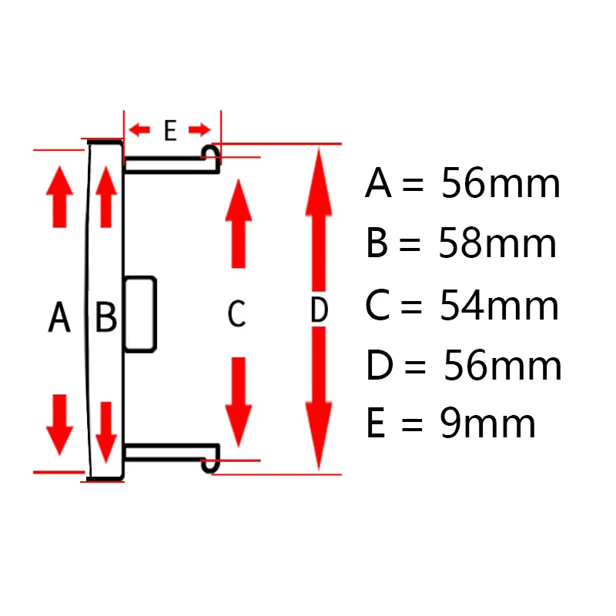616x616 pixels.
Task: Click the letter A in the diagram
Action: coord(59,316)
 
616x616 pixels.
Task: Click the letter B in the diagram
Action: coord(106,316)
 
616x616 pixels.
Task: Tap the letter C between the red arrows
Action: coord(236,313)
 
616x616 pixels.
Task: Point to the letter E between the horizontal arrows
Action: coord(170,131)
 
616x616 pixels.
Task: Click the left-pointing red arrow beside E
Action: coord(139,129)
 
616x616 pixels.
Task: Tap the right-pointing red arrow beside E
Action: coord(200,129)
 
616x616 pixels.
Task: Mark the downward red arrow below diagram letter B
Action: coord(107,427)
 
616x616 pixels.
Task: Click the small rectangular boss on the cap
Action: coord(140,313)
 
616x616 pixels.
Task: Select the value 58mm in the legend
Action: coord(497,244)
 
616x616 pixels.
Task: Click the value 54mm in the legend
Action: coord(499,306)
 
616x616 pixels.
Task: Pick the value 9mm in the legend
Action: coord(487,423)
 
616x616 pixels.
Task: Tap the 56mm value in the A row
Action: coord(500,185)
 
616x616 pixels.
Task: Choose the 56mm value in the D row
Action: coord(502,366)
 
